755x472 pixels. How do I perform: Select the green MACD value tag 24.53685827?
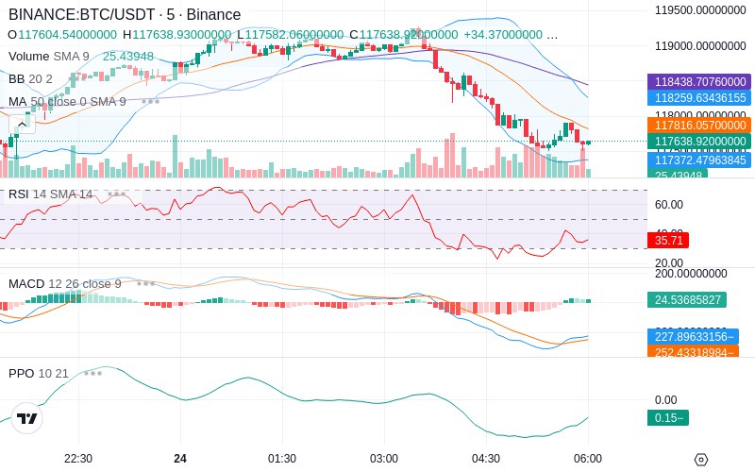(685, 300)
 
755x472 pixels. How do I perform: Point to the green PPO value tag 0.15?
(668, 418)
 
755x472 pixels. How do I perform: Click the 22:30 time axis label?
(78, 459)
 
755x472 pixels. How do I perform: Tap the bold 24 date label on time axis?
(180, 459)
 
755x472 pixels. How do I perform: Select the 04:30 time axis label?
(485, 459)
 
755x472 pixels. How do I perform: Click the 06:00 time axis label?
(587, 459)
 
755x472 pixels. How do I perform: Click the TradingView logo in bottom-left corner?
(27, 419)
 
